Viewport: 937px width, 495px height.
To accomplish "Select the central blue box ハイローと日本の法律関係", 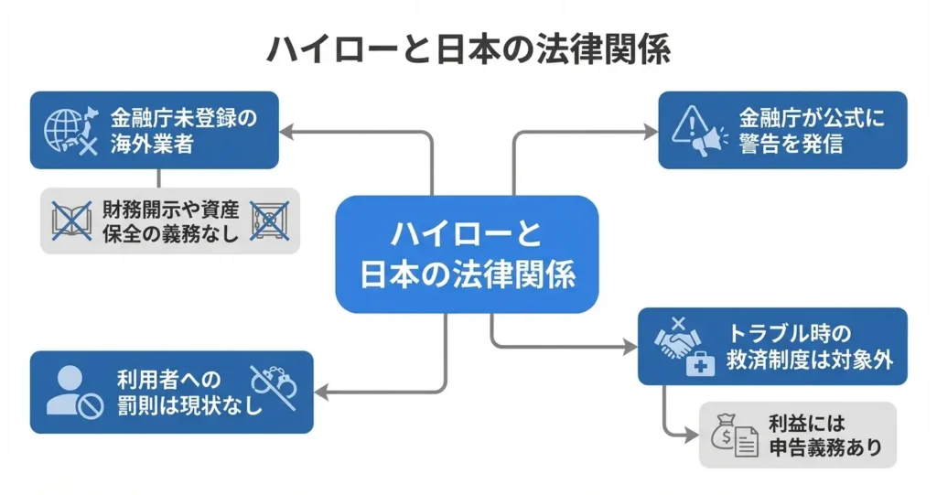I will coord(467,254).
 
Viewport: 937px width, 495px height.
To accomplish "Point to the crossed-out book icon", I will coord(72,221).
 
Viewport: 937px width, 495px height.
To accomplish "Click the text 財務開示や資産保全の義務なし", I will coord(171,221).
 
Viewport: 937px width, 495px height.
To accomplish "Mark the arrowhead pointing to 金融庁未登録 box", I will coord(285,132).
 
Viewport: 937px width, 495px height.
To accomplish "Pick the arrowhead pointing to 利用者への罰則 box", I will coord(320,393).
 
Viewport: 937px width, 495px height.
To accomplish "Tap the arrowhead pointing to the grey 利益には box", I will coord(693,436).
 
